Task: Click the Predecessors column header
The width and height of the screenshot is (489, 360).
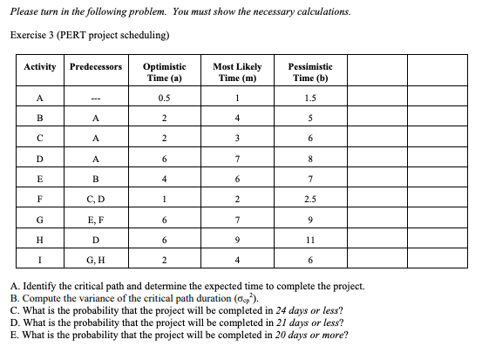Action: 96,67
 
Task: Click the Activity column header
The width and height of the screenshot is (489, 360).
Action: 40,67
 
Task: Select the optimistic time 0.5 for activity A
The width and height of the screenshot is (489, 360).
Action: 164,98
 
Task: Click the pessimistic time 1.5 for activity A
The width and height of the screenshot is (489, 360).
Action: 310,98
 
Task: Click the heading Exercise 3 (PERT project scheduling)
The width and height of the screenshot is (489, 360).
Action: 90,35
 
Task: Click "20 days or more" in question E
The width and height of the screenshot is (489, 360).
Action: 303,335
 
